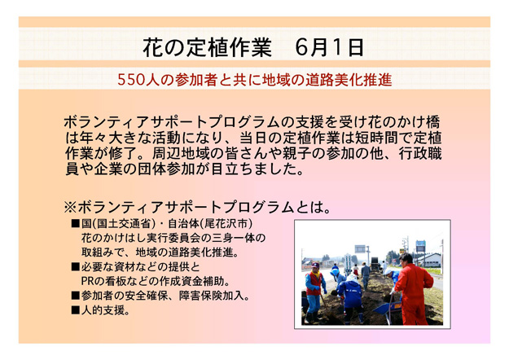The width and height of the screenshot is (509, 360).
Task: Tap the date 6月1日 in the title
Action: tap(329, 47)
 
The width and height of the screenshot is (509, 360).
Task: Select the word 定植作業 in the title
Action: tap(229, 47)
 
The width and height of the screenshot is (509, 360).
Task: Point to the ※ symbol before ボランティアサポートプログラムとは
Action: tap(70, 207)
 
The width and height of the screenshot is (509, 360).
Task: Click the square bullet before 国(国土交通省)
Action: tap(75, 224)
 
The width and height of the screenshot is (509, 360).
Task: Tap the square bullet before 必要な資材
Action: tap(75, 267)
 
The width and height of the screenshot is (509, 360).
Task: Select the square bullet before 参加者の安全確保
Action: tap(75, 296)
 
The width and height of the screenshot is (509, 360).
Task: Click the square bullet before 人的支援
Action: tap(75, 310)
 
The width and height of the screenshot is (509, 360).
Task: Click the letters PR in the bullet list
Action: tap(86, 281)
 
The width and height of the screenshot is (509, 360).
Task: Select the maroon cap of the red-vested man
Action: tap(315, 265)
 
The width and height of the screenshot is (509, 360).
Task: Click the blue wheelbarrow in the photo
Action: tap(388, 308)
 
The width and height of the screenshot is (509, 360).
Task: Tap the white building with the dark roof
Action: tap(429, 260)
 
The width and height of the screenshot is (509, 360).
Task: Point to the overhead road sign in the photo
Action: tap(360, 248)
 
